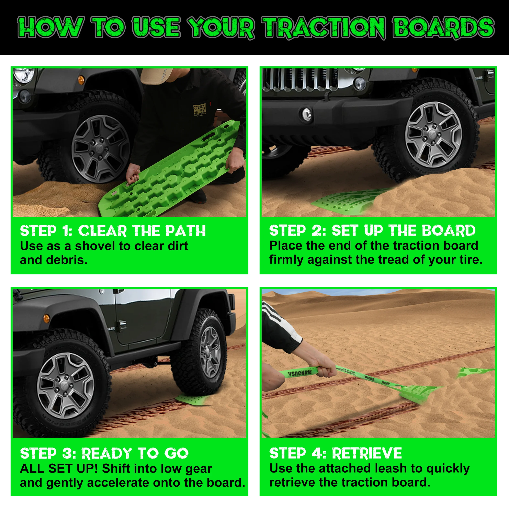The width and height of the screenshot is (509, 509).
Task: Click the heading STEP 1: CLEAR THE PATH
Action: (x=113, y=231)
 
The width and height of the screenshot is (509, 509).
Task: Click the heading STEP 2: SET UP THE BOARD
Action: (x=372, y=230)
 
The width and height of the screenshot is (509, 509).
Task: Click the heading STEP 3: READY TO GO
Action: (x=104, y=453)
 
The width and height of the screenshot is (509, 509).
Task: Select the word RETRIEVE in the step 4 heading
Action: (x=367, y=453)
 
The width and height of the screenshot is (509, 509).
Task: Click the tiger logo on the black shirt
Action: (x=199, y=110)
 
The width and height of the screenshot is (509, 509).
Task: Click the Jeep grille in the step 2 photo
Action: (x=300, y=79)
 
